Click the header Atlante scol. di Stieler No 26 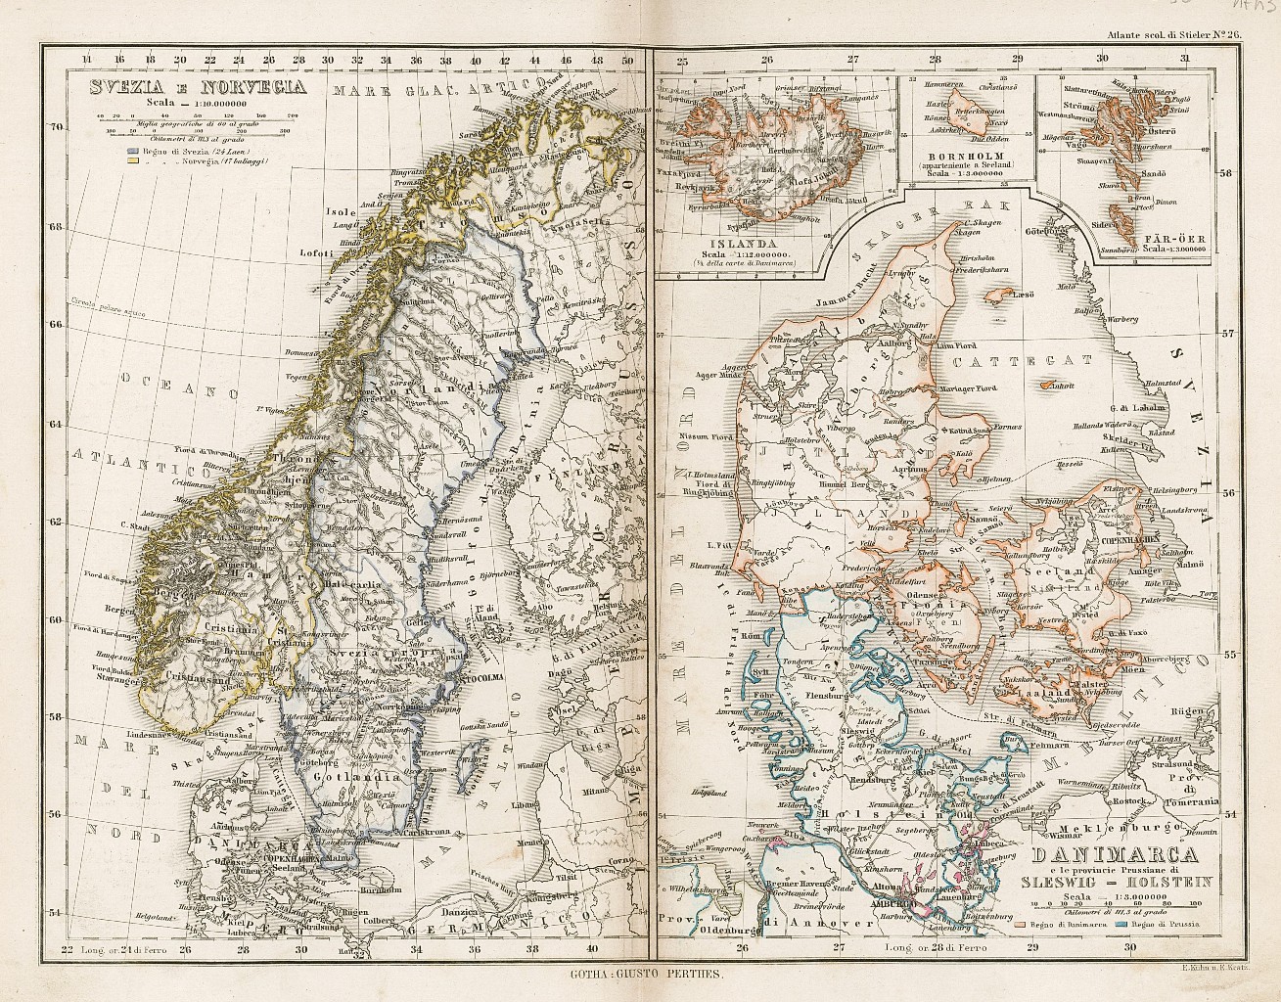(x=1173, y=36)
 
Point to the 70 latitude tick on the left (x=57, y=126)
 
